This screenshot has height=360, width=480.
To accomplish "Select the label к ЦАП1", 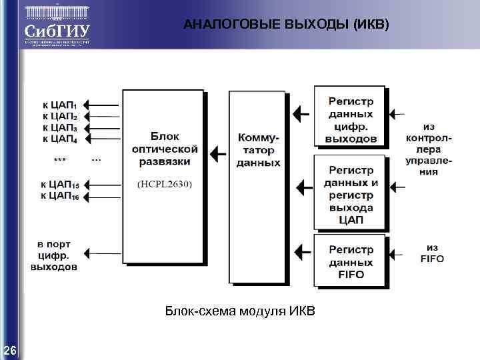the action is tap(59, 105).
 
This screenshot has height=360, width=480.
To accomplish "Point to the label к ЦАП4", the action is tap(59, 139).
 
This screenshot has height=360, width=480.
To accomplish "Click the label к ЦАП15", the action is tap(59, 184).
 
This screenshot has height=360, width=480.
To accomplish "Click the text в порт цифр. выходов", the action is tap(53, 255).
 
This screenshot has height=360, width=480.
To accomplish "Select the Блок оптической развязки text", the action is tap(164, 147).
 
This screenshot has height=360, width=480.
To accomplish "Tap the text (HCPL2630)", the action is tap(164, 185).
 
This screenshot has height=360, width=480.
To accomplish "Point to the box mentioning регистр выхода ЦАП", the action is tap(350, 194).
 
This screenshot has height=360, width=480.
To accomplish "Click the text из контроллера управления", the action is tap(429, 149).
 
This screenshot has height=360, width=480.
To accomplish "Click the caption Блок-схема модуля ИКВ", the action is tap(240, 311).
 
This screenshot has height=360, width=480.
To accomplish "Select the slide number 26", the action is tap(10, 351).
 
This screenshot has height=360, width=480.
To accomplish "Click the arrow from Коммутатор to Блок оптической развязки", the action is tap(217, 154).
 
